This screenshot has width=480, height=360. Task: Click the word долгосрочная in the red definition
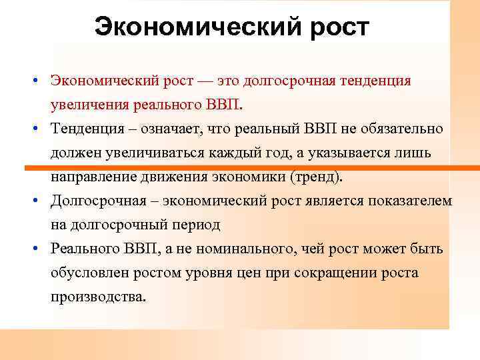click(285, 81)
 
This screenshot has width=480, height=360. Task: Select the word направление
click(93, 177)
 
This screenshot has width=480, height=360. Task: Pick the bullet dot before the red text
click(41, 81)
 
